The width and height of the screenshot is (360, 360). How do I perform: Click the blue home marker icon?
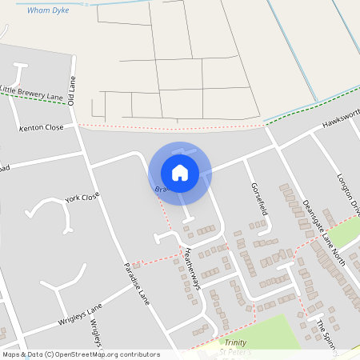pos(180,172)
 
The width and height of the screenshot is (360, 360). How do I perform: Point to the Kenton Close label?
pos(42,128)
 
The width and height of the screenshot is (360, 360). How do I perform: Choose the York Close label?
pos(82,197)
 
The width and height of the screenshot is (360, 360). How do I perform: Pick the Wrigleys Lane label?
pos(81,314)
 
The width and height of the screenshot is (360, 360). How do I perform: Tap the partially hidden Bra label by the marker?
pos(161,190)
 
